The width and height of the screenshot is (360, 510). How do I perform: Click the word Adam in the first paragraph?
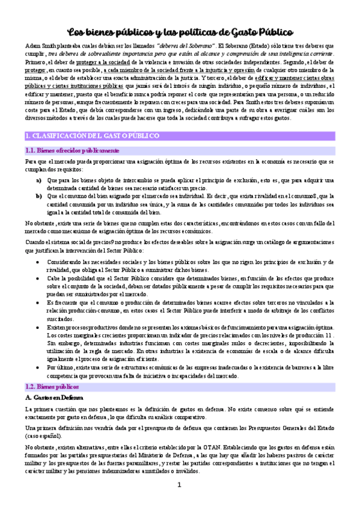coord(32,46)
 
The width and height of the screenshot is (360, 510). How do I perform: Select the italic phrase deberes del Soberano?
coord(186,46)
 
